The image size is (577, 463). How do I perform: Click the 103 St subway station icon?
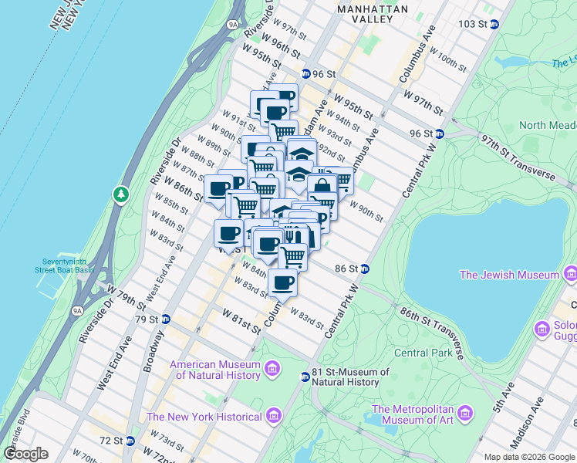pos(494,24)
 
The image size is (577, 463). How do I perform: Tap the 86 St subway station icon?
pos(365,269)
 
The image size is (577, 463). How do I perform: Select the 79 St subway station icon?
pos(164,319)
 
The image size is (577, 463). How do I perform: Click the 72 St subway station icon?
pos(130,441)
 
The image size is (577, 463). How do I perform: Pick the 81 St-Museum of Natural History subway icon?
pos(305,377)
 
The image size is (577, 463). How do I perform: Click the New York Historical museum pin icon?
pos(272,417)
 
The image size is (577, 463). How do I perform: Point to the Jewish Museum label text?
pos(509,275)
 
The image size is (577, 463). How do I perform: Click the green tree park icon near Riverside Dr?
pos(120,194)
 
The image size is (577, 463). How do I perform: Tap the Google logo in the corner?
pos(25,454)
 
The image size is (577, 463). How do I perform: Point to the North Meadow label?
pos(543,125)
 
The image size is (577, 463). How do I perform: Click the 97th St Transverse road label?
pos(518,159)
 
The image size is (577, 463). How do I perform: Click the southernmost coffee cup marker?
pos(282,282)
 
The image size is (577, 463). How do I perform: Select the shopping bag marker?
pos(322,186)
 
